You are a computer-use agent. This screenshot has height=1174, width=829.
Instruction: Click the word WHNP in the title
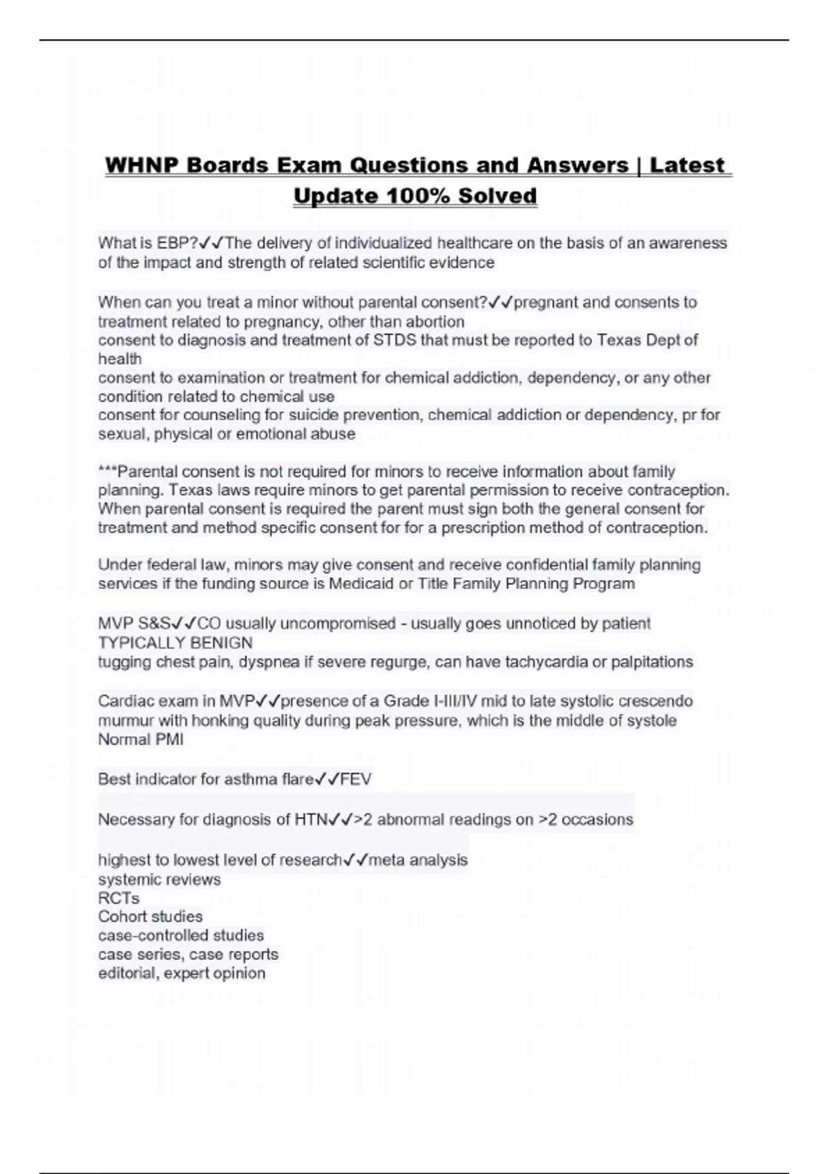coord(140,166)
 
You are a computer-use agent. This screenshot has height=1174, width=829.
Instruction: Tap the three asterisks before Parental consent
coord(108,470)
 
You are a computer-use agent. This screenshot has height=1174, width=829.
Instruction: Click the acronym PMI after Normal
coord(169,740)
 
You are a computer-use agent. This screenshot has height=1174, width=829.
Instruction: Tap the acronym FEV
coord(356,780)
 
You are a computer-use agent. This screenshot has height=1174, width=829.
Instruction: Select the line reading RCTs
coord(119,898)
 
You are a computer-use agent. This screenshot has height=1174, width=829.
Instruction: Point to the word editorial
coord(128,974)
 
